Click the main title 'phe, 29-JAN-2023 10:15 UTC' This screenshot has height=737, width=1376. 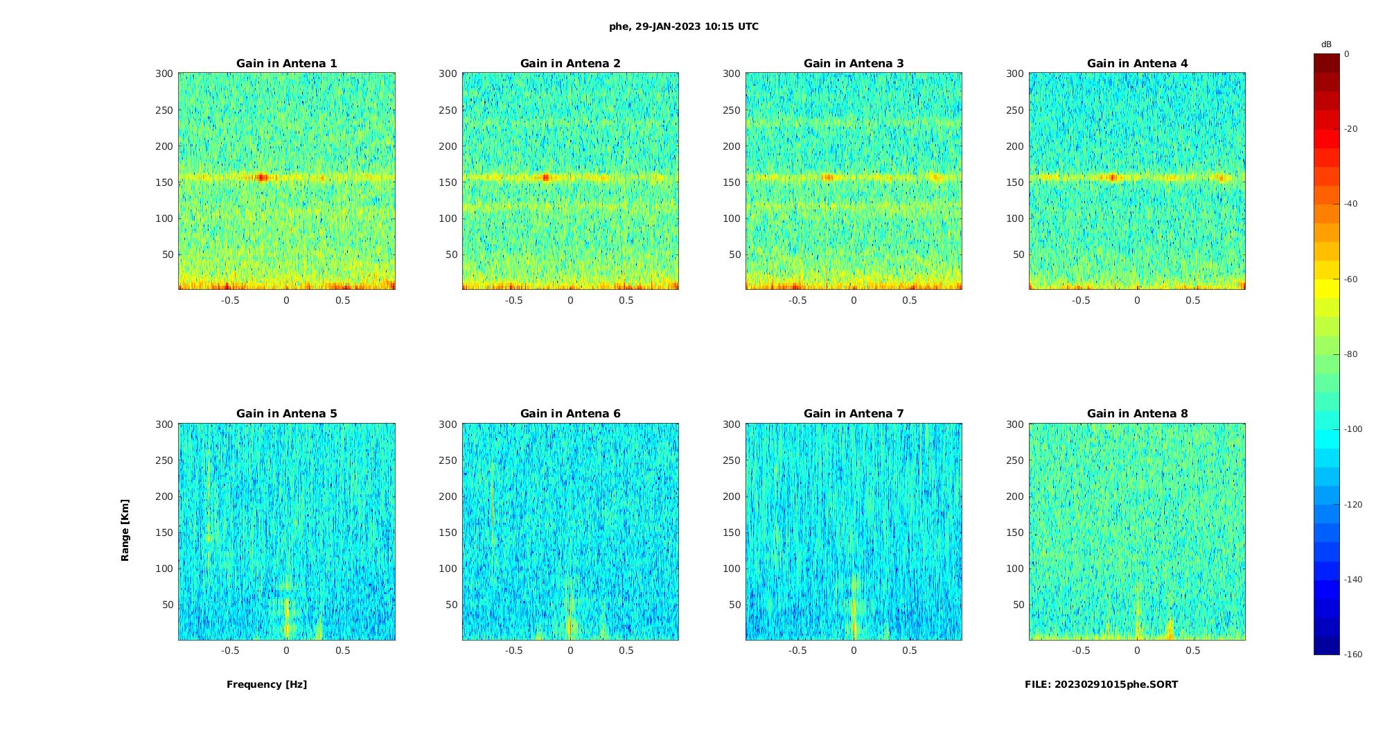683,26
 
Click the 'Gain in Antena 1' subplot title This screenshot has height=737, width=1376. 287,64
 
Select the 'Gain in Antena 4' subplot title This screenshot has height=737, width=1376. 1137,64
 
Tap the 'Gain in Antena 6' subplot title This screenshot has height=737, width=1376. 570,414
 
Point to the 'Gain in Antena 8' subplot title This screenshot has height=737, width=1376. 1137,414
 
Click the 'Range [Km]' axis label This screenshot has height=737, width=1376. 125,530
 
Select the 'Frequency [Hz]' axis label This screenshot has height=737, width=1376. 267,684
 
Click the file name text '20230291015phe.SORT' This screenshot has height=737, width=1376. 1116,684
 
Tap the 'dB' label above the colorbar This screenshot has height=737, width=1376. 1326,44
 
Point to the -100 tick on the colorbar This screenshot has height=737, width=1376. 1352,429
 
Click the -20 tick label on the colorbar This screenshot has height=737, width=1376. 1350,129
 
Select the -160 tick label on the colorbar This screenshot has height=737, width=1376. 1352,654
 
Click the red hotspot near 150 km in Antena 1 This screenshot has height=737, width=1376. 262,177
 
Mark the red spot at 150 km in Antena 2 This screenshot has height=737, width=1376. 545,177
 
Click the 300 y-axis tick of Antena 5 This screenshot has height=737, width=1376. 164,424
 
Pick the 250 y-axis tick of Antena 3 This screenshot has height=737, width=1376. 732,110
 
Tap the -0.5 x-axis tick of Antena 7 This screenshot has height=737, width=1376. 797,650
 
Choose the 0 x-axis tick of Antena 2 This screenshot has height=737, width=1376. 570,300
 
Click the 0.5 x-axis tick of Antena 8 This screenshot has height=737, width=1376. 1192,650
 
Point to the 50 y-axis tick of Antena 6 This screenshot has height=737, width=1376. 452,605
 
